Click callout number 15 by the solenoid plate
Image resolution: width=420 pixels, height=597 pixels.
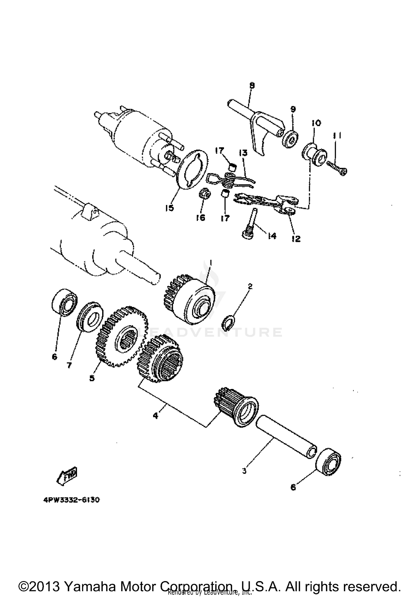pos(169,208)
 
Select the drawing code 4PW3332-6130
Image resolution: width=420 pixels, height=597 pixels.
pos(71,500)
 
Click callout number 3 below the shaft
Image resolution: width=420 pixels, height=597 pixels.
pos(244,471)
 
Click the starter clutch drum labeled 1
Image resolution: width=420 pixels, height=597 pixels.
pos(196,302)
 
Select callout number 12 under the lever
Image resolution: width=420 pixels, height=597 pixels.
pos(296,239)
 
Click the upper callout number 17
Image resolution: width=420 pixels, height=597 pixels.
pos(219,151)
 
